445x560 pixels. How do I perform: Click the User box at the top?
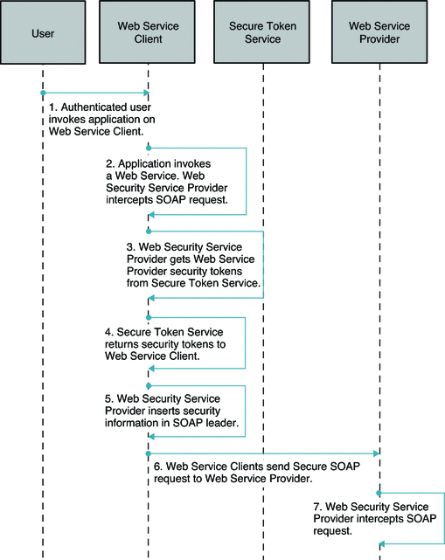42,31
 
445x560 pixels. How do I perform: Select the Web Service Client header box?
148,31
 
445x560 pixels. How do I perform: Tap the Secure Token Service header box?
262,31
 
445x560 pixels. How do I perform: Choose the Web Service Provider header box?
379,31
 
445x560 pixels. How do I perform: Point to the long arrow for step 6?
262,453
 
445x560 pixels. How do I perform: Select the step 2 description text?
167,181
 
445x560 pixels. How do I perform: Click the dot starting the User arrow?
42,93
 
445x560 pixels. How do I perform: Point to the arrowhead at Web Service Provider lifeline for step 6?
375,453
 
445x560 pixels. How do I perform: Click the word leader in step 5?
221,424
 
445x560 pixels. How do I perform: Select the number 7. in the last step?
317,506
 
